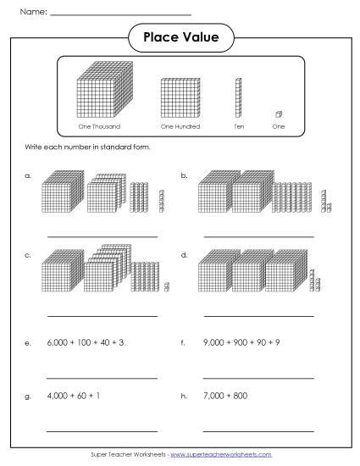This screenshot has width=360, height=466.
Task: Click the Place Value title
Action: click(x=180, y=37)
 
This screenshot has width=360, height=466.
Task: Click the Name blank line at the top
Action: click(x=120, y=14)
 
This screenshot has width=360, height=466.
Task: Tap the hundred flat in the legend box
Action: click(x=178, y=99)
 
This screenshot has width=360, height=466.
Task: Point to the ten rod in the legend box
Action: click(x=239, y=98)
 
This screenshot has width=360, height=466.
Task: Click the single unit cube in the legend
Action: click(x=279, y=114)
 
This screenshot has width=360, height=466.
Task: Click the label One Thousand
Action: click(x=99, y=127)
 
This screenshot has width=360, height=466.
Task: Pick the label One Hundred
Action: click(x=178, y=127)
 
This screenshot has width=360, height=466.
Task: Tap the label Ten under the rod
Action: click(x=239, y=127)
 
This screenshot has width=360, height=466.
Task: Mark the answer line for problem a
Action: click(x=102, y=236)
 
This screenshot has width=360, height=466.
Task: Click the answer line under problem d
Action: click(x=258, y=314)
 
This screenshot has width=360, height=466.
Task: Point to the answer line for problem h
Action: click(x=258, y=431)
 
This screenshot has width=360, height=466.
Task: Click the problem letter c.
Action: click(x=28, y=254)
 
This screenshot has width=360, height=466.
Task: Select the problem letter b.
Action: click(x=184, y=176)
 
